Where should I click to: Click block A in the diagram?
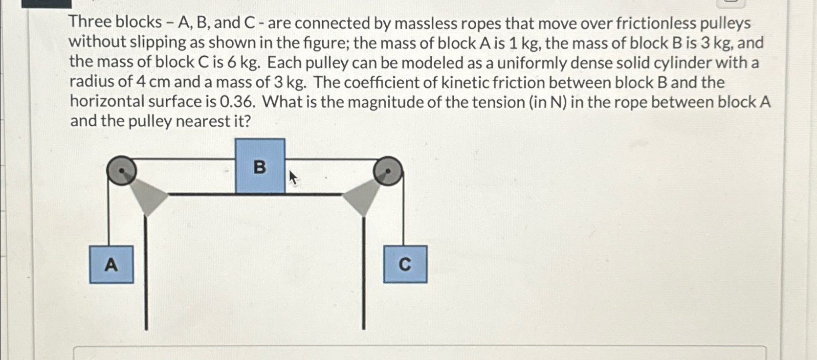pyautogui.click(x=111, y=265)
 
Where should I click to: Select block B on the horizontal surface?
pyautogui.click(x=260, y=166)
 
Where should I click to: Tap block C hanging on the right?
pyautogui.click(x=405, y=265)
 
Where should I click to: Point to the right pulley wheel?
pyautogui.click(x=388, y=171)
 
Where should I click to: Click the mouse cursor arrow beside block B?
pyautogui.click(x=292, y=177)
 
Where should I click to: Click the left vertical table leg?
pyautogui.click(x=146, y=274)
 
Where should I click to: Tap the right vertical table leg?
pyautogui.click(x=363, y=274)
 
